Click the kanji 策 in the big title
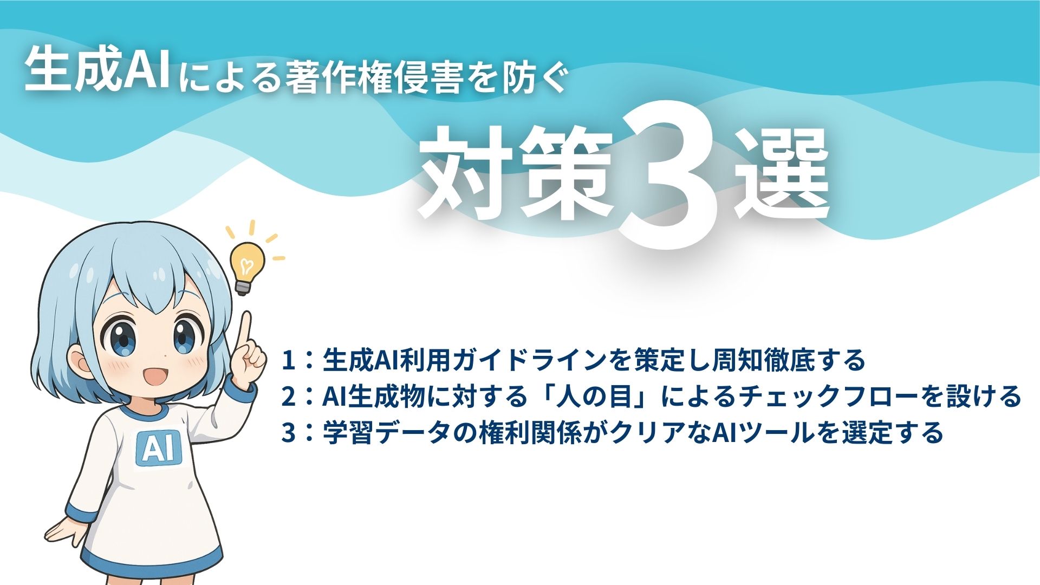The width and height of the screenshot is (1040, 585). coord(567,172)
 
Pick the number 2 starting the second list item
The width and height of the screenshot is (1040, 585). coord(288,397)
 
